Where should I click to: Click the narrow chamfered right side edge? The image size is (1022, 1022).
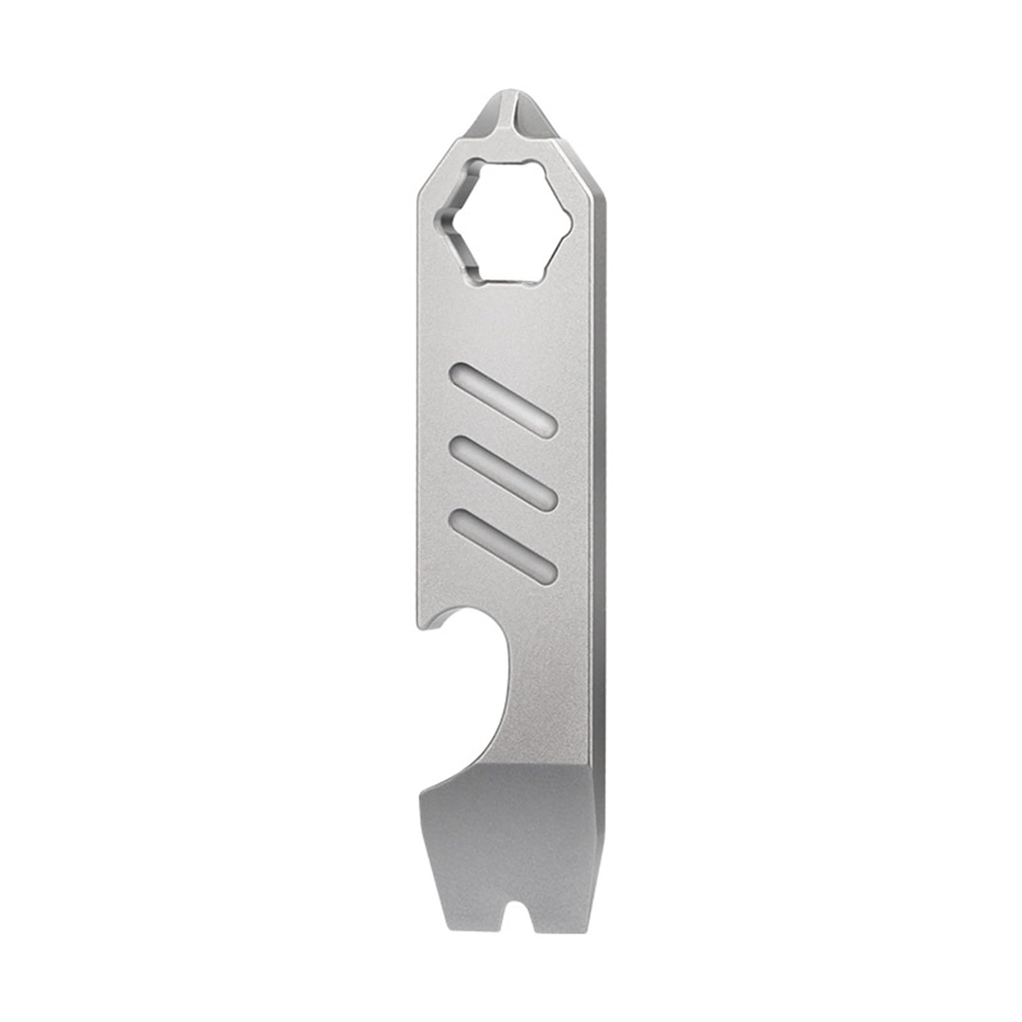point(598,511)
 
